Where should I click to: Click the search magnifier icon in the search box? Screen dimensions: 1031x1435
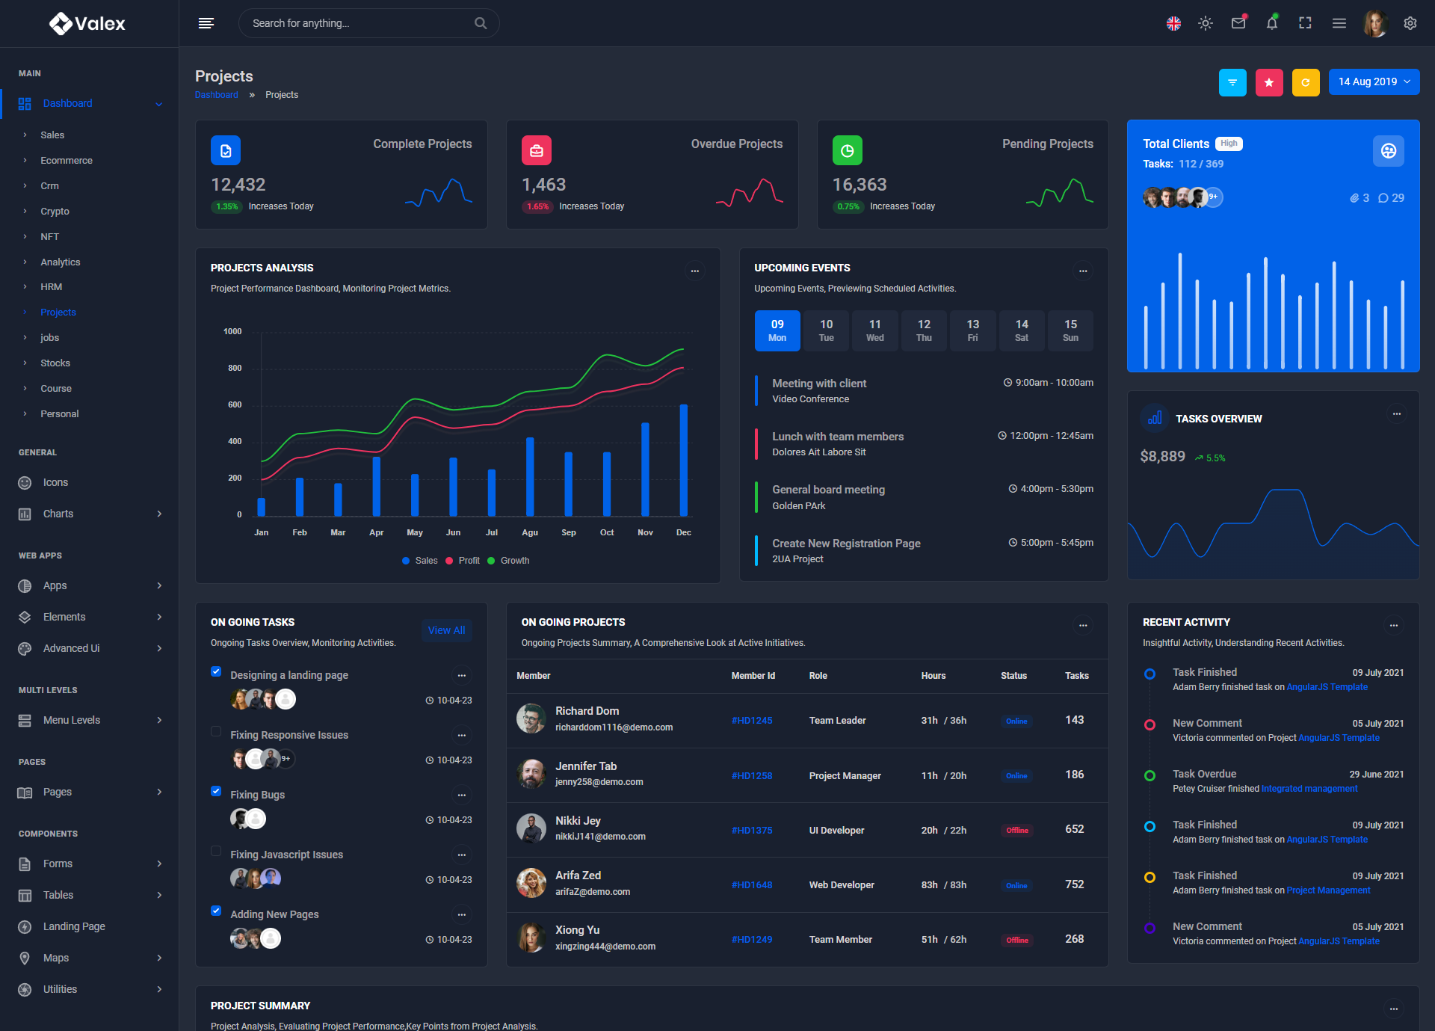[x=481, y=23]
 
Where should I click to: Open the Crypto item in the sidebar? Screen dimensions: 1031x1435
[x=55, y=212]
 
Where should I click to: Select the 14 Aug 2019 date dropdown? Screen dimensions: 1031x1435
[x=1374, y=82]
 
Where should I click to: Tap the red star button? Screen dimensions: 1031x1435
[x=1269, y=83]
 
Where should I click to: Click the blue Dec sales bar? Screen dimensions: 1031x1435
[x=683, y=460]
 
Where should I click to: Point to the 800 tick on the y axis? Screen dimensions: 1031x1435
[x=235, y=369]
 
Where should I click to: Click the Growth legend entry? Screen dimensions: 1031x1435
[x=514, y=561]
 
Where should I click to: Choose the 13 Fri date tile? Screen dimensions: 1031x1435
[x=972, y=330]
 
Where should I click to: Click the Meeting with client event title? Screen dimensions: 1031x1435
[x=819, y=384]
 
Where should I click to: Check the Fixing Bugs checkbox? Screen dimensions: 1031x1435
[x=216, y=791]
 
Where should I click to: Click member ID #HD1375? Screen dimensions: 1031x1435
[x=752, y=831]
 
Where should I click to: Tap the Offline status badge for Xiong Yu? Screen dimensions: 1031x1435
[x=1016, y=941]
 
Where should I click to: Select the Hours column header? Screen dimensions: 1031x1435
[x=933, y=676]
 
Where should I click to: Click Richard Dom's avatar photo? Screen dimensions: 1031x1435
[x=531, y=718]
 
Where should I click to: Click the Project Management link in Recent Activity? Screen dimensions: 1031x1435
[x=1328, y=890]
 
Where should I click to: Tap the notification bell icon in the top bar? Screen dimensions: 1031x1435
[x=1271, y=23]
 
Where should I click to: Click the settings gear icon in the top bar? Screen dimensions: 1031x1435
[x=1410, y=23]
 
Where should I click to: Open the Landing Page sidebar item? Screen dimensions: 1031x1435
[x=74, y=926]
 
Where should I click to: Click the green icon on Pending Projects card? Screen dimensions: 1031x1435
[x=847, y=150]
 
